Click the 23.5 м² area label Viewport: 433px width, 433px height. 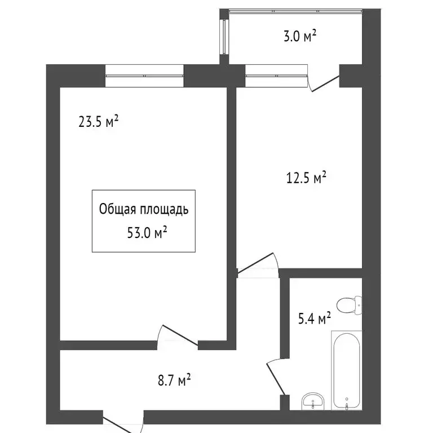98,122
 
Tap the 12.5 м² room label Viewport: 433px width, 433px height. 306,178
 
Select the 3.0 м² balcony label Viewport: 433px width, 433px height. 300,36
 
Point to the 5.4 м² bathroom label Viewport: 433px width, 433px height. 315,319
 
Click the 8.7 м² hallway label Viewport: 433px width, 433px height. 174,380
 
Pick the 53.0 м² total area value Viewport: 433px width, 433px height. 147,233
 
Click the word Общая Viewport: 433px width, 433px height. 117,209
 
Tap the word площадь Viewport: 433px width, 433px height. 164,210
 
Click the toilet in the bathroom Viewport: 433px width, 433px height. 349,305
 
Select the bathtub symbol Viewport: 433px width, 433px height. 347,370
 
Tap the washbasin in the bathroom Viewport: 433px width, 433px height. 313,401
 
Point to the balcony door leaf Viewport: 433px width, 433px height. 325,83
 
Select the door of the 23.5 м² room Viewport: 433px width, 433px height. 180,335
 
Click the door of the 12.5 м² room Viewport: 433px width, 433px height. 255,263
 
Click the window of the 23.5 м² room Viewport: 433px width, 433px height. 144,76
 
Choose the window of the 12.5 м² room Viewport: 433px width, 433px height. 276,76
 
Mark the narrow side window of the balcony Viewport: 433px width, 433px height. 224,37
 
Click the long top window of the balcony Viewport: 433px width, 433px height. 296,11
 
